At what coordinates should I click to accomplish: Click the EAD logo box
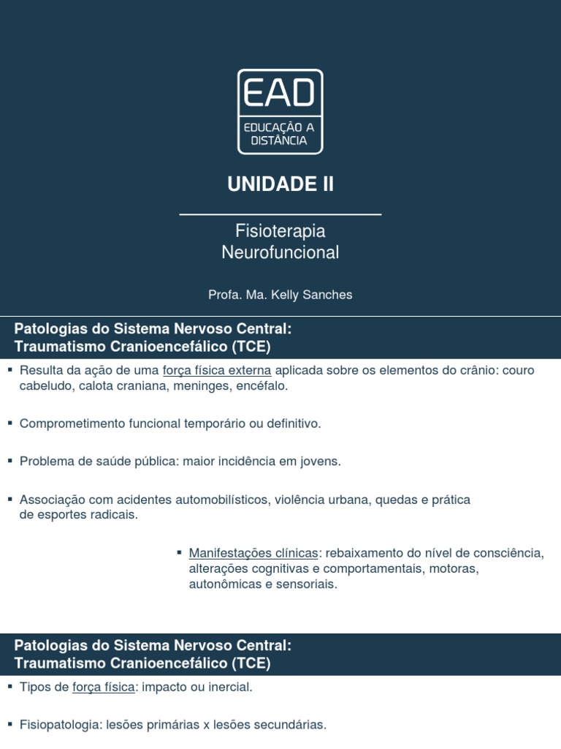click(x=280, y=111)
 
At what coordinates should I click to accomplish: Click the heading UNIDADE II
click(x=280, y=184)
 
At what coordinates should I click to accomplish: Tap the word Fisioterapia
click(x=280, y=231)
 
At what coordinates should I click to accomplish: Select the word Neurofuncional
click(x=280, y=252)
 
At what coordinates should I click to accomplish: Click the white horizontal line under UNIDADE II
click(x=280, y=214)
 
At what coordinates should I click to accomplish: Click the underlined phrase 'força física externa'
click(x=217, y=370)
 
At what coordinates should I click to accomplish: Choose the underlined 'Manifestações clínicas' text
click(x=253, y=553)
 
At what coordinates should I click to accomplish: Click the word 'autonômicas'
click(x=221, y=584)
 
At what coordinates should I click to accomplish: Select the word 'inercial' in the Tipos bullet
click(x=229, y=688)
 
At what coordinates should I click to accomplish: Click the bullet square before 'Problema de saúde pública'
click(x=10, y=461)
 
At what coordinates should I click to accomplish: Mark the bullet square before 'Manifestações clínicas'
click(x=180, y=552)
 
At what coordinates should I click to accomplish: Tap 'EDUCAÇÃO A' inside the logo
click(x=280, y=127)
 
